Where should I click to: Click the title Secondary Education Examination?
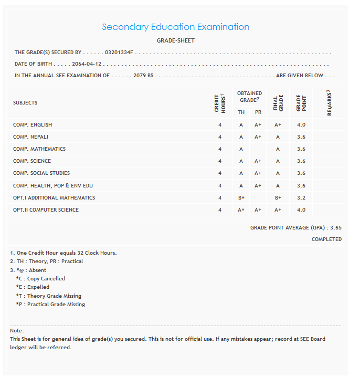point(176,27)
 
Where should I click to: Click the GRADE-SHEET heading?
point(176,40)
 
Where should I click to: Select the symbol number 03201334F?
point(120,53)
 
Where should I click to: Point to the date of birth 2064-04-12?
point(86,64)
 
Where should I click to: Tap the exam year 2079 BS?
point(143,76)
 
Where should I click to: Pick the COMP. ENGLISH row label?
point(33,125)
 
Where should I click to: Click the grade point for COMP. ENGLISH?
point(301,125)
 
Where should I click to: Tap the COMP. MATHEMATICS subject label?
point(39,149)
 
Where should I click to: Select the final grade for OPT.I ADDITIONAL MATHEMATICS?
point(278,198)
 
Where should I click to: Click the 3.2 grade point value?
point(301,198)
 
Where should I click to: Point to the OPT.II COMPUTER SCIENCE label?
point(46,210)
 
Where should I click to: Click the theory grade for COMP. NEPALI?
point(241,137)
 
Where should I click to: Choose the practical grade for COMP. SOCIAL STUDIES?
point(258,173)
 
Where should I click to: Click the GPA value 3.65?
point(336,228)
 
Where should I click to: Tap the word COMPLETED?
point(326,239)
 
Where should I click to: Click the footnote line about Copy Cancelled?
point(40,279)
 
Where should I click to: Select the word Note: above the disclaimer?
point(17,331)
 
